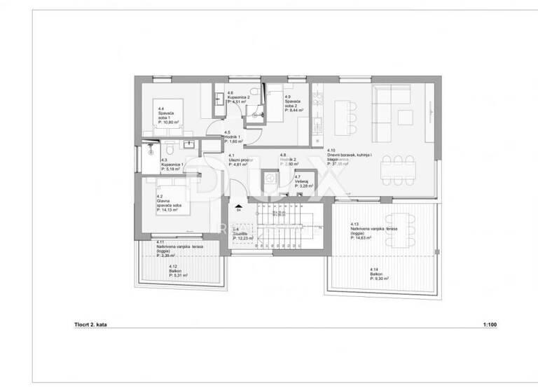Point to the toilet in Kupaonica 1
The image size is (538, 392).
[170, 151]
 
